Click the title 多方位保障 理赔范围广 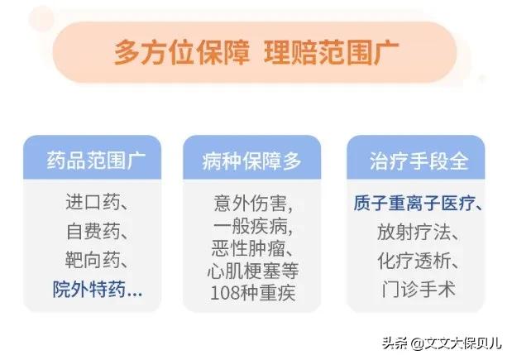[x=256, y=51]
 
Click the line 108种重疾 [x=251, y=293]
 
